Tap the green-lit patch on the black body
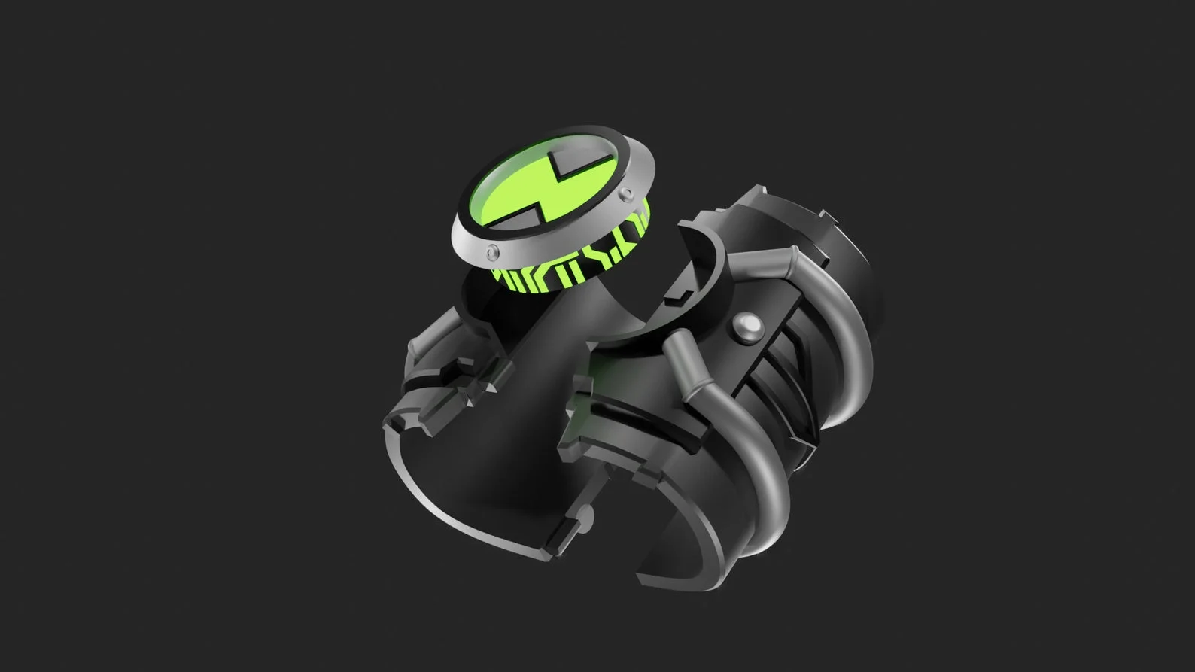(598, 391)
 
